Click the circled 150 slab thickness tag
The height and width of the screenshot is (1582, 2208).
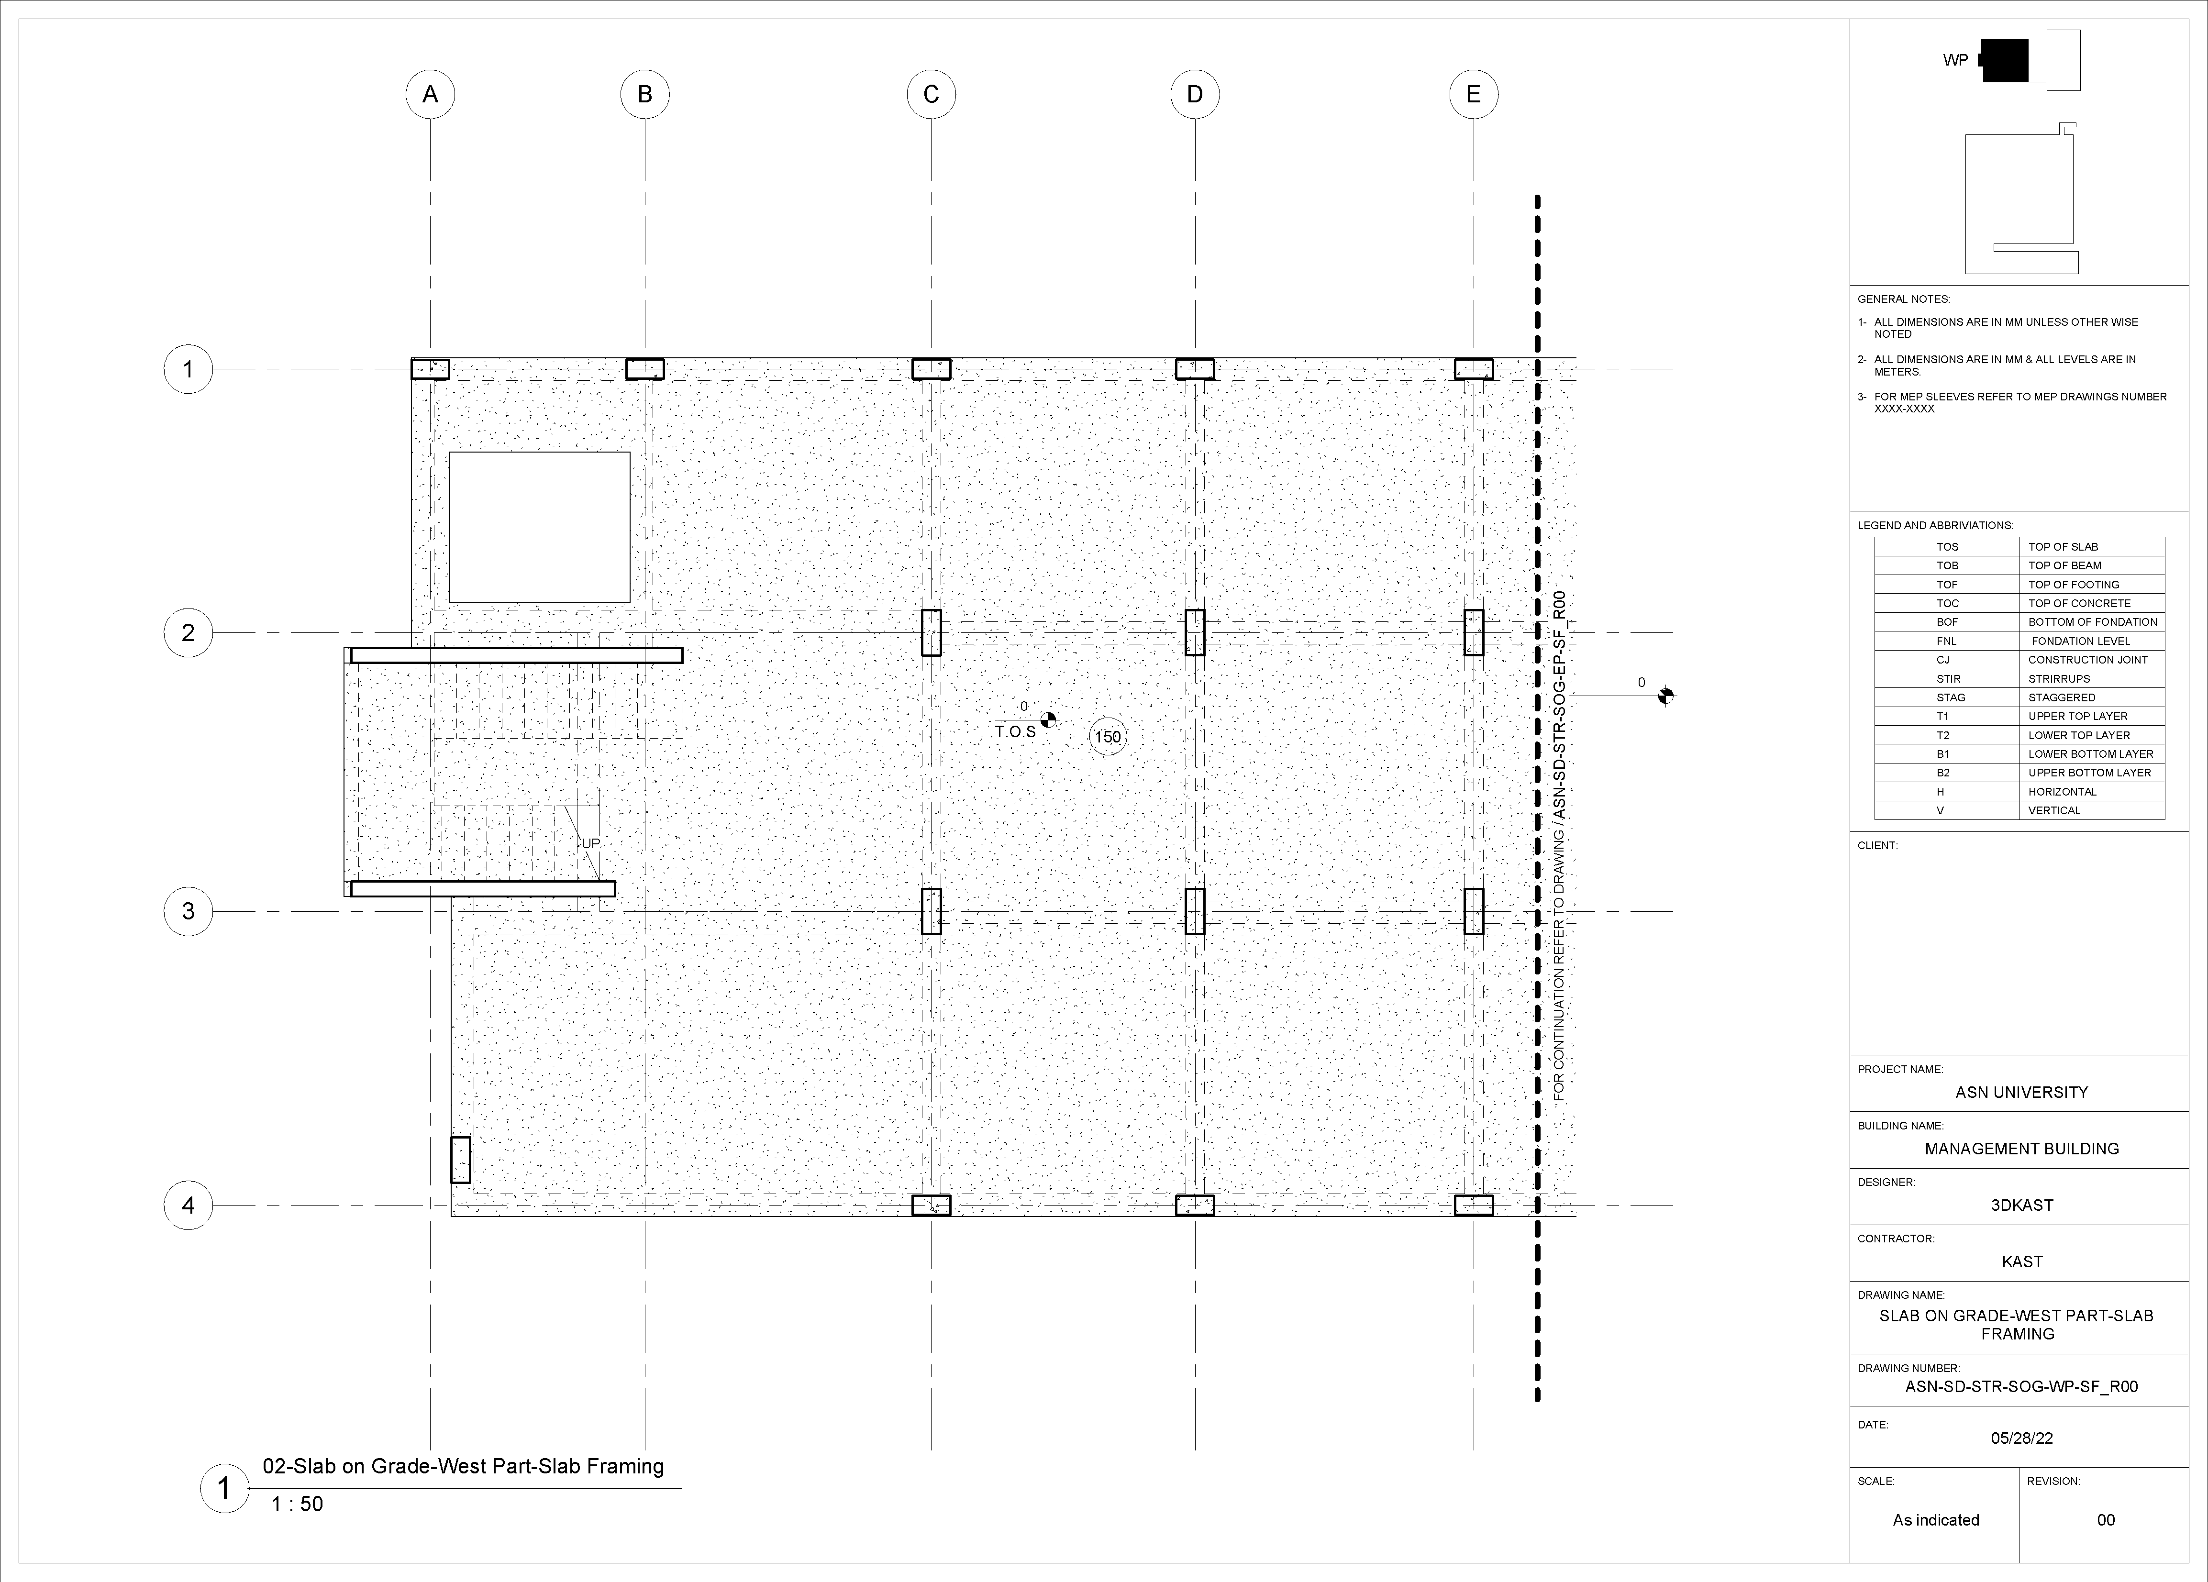coord(1108,737)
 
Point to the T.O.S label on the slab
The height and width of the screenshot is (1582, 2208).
coord(1015,731)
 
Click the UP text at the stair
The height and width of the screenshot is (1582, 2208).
coord(591,843)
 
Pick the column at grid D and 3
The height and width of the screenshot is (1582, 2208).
coord(1195,911)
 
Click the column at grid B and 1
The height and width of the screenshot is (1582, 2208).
coord(644,369)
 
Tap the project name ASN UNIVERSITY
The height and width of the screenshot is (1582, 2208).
coord(2021,1092)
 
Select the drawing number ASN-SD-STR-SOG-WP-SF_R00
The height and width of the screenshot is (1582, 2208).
coord(2021,1386)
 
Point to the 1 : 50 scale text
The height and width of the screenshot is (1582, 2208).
coord(297,1504)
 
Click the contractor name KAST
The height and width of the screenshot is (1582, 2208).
coord(2021,1261)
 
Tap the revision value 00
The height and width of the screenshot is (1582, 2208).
coord(2106,1520)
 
